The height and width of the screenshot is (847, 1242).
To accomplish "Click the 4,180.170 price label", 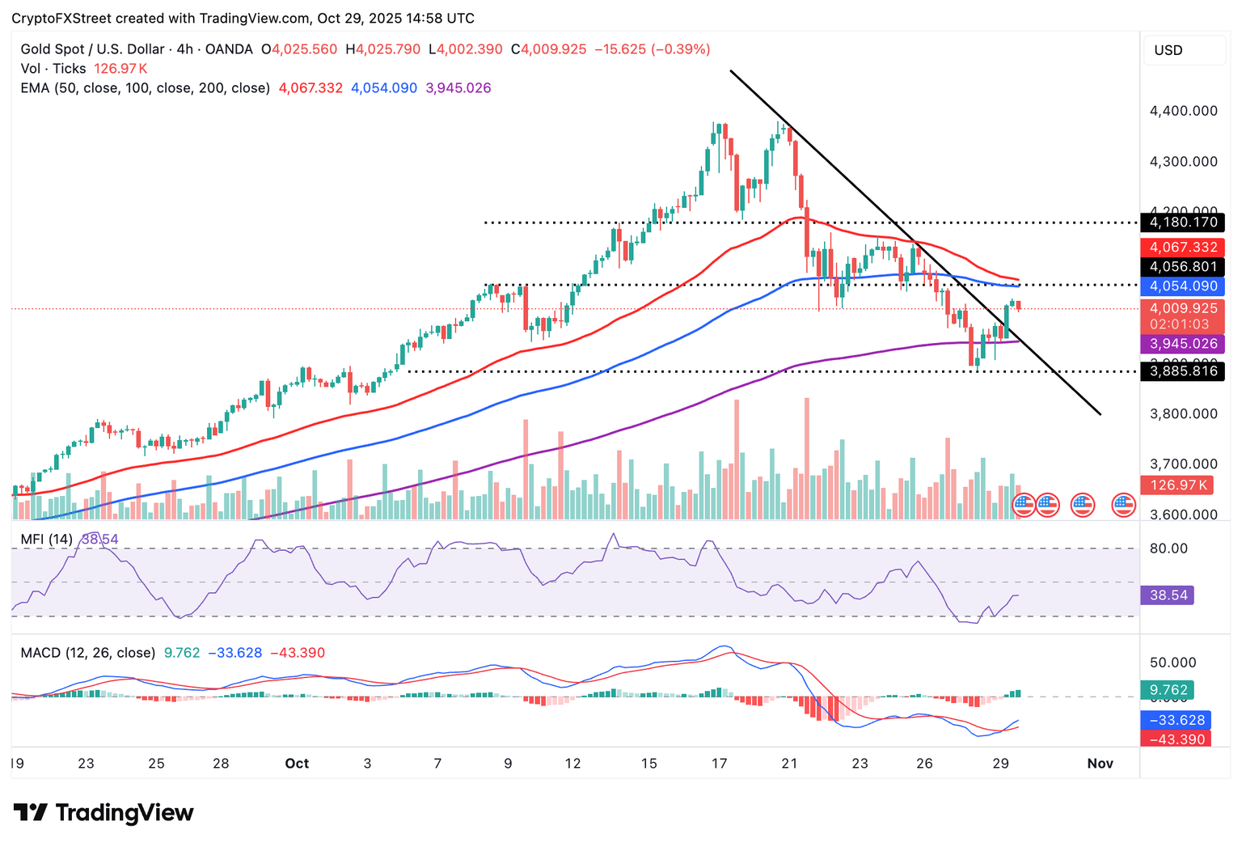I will pos(1183,222).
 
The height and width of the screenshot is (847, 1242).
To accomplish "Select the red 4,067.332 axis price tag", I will pos(1183,248).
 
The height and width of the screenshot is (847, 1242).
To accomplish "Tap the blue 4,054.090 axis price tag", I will pos(1183,286).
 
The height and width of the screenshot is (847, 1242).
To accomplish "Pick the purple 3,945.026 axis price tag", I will pos(1183,344).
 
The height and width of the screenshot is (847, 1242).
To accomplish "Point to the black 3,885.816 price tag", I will pos(1183,372).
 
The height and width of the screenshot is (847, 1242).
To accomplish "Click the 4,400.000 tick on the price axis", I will pos(1183,111).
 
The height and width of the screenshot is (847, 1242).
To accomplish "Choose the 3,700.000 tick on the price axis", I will pos(1183,464).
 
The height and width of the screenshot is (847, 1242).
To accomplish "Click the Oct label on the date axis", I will pos(297,764).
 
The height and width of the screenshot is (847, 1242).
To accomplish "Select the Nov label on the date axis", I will pos(1100,764).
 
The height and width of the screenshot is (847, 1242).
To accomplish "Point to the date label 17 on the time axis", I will pos(719,764).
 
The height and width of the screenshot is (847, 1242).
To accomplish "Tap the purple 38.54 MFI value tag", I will pos(1168,595).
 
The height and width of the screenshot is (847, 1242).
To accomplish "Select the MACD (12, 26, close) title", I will pos(88,653).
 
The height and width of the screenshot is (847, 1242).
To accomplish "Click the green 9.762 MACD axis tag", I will pos(1168,691).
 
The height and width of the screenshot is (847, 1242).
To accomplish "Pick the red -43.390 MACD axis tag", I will pos(1175,739).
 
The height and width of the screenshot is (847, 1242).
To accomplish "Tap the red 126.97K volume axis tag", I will pos(1175,485).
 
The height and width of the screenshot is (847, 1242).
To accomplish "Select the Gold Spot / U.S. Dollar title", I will pos(92,49).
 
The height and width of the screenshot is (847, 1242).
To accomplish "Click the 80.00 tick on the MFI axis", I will pos(1168,548).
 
